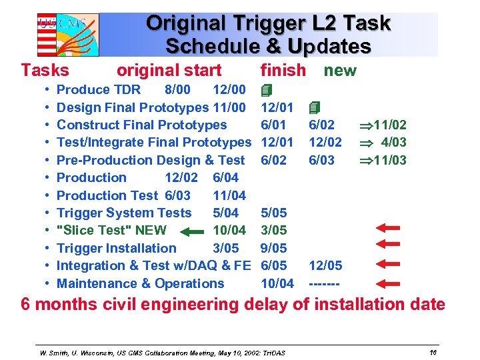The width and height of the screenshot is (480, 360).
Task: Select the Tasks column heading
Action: tap(45, 70)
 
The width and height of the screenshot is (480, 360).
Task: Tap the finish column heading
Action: tap(283, 70)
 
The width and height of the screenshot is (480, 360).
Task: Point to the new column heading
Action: tap(340, 70)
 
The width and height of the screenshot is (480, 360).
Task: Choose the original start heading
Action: tap(169, 70)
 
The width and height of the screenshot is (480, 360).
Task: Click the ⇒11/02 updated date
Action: tap(382, 125)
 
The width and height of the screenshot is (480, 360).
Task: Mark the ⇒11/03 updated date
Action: tap(382, 160)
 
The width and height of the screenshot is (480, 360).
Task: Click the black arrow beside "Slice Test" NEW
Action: tap(193, 231)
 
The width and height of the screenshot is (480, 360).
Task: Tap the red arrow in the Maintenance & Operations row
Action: tap(387, 283)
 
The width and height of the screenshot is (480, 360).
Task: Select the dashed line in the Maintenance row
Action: tap(325, 283)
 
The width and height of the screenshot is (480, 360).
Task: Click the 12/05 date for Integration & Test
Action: tap(325, 265)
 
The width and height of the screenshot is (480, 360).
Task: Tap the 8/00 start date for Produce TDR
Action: tap(177, 89)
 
